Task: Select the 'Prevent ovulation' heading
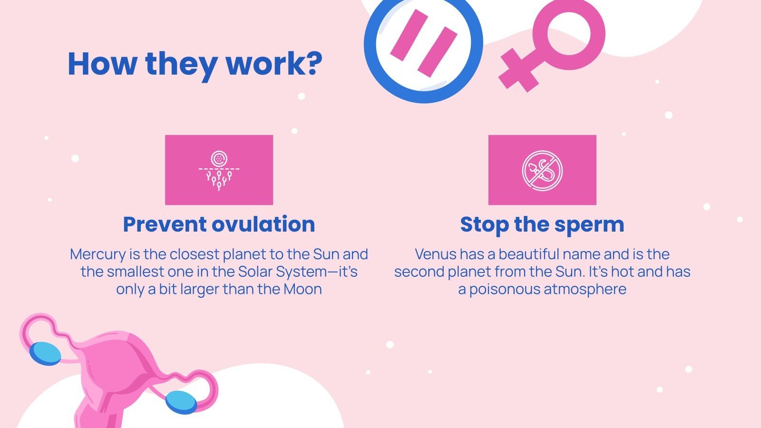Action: [x=219, y=224]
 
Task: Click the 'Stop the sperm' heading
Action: [x=542, y=224]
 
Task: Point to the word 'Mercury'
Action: [x=98, y=254]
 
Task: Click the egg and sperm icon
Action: [x=219, y=170]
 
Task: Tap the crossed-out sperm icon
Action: [x=542, y=170]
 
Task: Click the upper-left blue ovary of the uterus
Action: [x=45, y=353]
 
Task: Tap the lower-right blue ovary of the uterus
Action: [x=181, y=402]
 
